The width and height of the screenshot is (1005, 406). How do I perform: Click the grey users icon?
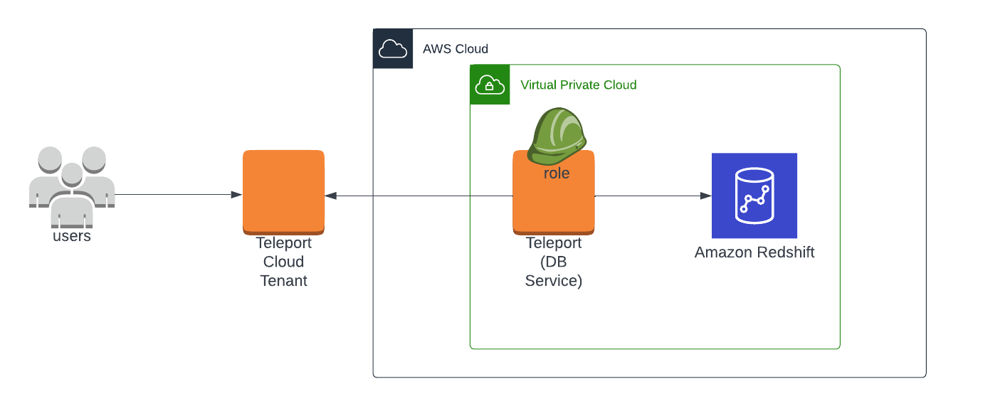71,181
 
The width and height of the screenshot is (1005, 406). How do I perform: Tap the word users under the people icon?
72,236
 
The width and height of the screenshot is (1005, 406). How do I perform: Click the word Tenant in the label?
283,281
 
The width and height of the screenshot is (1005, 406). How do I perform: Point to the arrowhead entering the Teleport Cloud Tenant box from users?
236,195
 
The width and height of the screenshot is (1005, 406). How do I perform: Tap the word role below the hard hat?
557,173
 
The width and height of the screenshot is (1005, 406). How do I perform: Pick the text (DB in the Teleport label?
554,262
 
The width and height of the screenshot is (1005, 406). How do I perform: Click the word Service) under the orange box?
554,281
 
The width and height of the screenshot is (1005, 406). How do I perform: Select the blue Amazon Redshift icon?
754,196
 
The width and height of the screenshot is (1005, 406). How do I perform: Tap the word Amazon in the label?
721,252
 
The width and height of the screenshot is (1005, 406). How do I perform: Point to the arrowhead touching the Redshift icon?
706,196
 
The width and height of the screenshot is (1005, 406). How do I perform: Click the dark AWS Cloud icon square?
393,48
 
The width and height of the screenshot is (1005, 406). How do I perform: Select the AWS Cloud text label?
456,49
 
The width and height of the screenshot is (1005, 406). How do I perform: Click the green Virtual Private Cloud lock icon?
490,85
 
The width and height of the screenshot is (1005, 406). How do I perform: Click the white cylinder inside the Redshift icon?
754,196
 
